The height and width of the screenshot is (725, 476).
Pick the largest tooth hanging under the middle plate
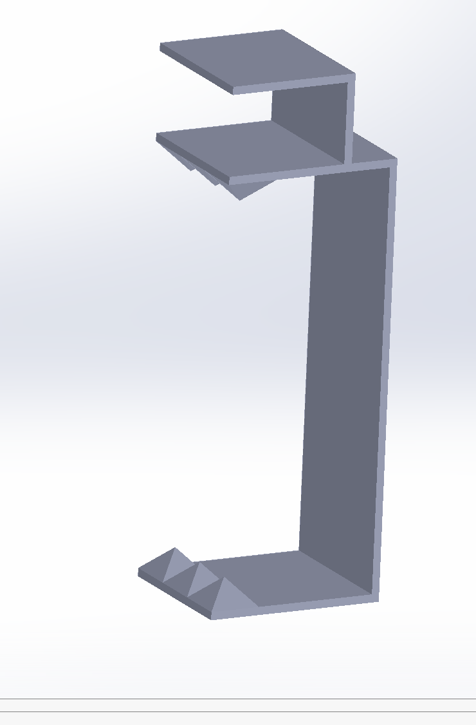[248, 190]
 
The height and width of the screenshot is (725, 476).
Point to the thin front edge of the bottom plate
[296, 609]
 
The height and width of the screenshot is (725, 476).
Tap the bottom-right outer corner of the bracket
[378, 601]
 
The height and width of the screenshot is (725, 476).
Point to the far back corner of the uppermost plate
[282, 30]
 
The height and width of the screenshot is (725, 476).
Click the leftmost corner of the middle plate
[157, 136]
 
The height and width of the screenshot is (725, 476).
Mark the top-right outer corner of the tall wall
[396, 160]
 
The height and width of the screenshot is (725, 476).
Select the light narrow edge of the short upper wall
[351, 119]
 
